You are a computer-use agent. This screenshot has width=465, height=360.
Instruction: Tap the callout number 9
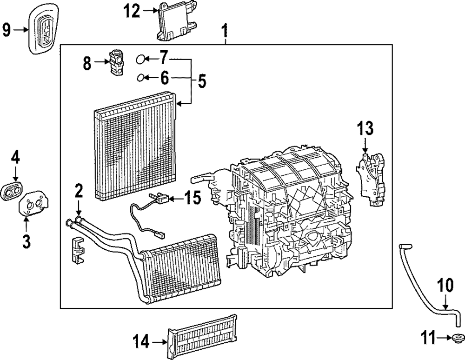point(7,31)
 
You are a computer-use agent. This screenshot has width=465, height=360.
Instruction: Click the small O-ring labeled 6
point(140,77)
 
